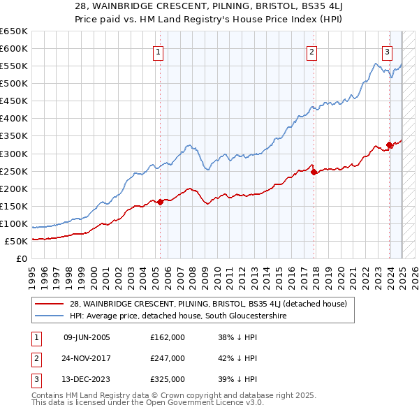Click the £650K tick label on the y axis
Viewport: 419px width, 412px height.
click(x=13, y=31)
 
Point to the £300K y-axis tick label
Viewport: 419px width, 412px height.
click(x=13, y=154)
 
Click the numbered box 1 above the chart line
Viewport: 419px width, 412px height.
click(x=159, y=51)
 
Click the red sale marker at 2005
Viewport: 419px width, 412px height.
click(x=161, y=202)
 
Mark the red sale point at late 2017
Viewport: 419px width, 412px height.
click(x=314, y=172)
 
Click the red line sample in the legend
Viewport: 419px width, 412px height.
click(x=49, y=304)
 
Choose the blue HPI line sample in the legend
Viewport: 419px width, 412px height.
click(x=49, y=315)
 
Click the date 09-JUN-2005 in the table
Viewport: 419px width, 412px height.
click(x=87, y=337)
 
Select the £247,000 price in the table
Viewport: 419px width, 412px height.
click(x=168, y=358)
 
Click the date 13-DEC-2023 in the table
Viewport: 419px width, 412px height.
click(x=87, y=379)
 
